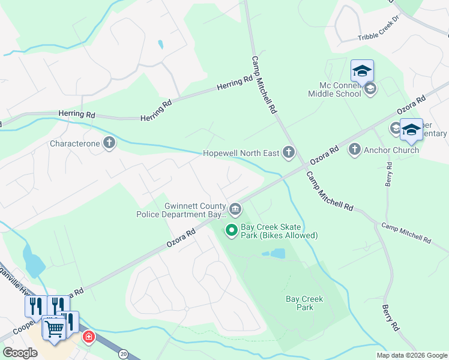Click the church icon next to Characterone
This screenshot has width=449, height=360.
[109, 143]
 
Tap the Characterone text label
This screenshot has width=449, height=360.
[76, 144]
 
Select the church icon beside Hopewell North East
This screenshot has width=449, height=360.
[289, 153]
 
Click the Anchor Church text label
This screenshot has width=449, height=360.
[391, 150]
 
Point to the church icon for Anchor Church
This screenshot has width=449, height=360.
[354, 149]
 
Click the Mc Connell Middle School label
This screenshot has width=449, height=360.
[335, 89]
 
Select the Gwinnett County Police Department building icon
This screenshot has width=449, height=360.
[235, 209]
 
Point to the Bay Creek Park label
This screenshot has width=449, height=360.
[304, 303]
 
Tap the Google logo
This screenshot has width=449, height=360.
[20, 353]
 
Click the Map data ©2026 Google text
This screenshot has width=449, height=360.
[411, 355]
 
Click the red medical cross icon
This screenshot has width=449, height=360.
[89, 337]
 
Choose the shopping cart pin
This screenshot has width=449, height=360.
[55, 328]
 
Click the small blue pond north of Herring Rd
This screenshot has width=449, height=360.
[160, 44]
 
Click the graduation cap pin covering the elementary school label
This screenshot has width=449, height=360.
[411, 130]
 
